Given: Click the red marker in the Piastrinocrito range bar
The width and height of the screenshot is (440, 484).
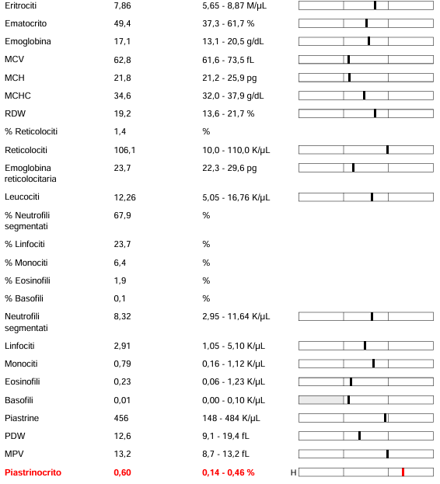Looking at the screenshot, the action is (x=403, y=472).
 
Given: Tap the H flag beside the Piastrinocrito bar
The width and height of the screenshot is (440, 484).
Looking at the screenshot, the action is (x=293, y=472).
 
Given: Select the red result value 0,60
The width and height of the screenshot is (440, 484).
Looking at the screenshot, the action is (x=122, y=472).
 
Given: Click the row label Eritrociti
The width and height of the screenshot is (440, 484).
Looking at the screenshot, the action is (x=21, y=5).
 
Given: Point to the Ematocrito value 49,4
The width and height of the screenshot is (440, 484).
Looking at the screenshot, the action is (x=122, y=24).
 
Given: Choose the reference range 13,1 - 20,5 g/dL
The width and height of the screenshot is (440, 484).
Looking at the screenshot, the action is (x=233, y=42).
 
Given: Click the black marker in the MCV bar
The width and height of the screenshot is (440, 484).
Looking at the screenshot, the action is (x=348, y=59).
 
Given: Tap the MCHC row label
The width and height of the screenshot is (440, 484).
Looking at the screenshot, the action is (x=18, y=96).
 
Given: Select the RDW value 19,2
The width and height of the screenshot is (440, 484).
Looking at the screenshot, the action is (x=122, y=114).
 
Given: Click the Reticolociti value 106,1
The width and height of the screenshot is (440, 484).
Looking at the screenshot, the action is (x=124, y=150).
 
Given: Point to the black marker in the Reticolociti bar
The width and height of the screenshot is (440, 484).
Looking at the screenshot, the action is (x=387, y=150).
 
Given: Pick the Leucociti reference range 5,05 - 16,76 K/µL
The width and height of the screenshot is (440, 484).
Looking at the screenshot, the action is (x=236, y=197).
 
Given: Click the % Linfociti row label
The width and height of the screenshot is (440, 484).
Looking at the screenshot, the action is (x=25, y=244).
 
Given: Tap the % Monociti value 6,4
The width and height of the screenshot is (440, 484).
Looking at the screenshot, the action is (x=120, y=263).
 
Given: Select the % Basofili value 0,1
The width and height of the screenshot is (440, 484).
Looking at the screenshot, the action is (x=120, y=299).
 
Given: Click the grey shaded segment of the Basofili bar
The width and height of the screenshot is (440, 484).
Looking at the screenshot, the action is (x=321, y=400).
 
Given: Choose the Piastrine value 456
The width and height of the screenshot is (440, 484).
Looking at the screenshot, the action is (x=121, y=418).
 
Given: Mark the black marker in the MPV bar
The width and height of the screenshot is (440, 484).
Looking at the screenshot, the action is (x=387, y=454).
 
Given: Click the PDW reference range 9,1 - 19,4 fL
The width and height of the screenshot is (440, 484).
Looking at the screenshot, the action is (x=225, y=436).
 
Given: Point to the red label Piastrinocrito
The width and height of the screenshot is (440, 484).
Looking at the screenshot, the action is (x=33, y=472).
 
